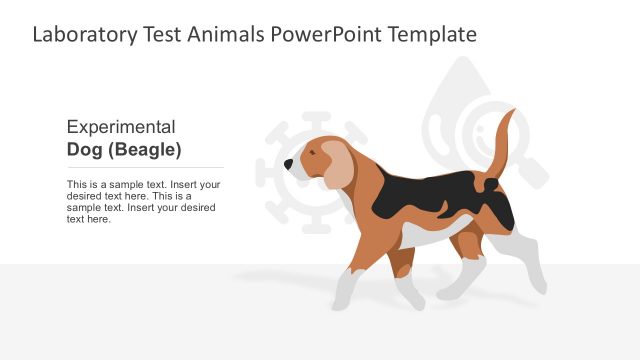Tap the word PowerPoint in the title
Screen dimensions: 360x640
coord(328,35)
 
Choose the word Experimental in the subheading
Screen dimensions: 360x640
coord(121,127)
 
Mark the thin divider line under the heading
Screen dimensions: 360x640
coord(145,167)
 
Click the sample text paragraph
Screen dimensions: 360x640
coord(143,201)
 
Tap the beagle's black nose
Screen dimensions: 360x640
coord(289,164)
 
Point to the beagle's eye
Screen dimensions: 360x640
coord(311,154)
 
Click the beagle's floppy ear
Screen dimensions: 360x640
coord(338,163)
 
